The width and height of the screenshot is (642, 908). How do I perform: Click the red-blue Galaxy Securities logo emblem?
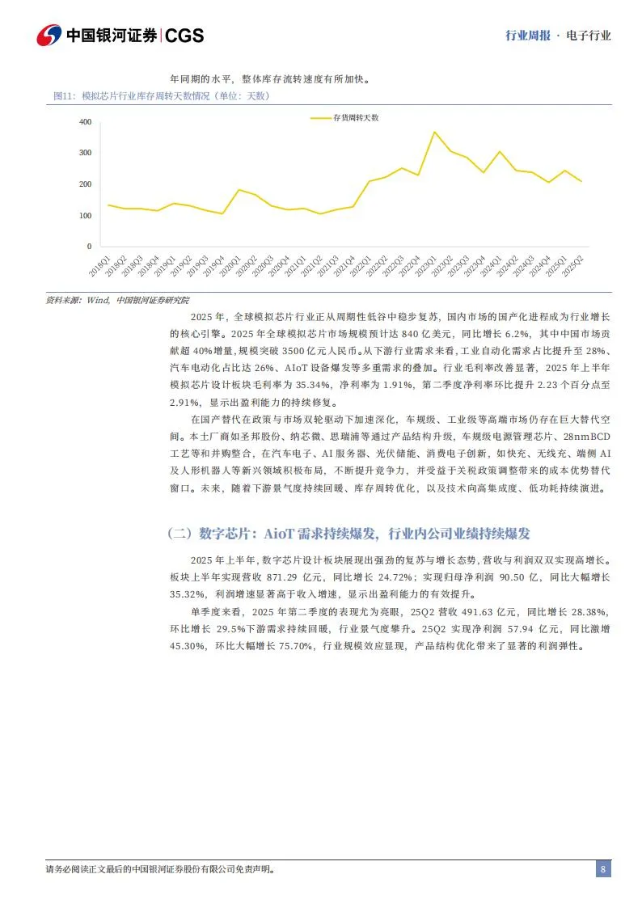[48, 35]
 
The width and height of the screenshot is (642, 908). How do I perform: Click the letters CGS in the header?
[186, 36]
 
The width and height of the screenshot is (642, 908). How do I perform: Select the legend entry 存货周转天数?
[356, 118]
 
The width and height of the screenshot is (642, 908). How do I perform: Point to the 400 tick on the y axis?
[86, 122]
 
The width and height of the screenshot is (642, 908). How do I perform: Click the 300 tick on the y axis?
[86, 153]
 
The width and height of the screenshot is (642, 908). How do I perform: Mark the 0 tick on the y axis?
[89, 247]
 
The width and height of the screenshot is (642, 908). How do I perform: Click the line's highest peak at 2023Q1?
[434, 132]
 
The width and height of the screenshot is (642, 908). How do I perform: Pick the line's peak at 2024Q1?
[500, 152]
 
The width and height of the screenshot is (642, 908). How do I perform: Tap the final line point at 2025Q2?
[581, 181]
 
